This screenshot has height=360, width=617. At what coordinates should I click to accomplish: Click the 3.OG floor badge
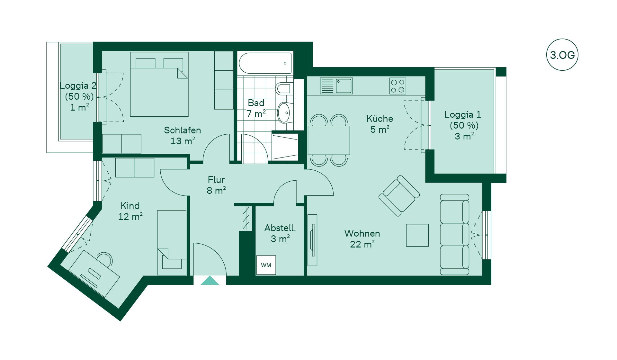click(562, 55)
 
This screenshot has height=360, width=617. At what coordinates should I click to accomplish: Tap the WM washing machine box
click(266, 265)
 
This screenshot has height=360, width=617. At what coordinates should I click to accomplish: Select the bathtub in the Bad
click(266, 63)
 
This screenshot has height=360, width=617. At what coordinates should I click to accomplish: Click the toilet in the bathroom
click(284, 88)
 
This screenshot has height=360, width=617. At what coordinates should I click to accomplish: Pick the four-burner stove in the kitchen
click(398, 86)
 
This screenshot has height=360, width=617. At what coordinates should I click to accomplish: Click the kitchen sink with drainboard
click(336, 86)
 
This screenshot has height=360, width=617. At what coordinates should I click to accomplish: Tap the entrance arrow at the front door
click(210, 280)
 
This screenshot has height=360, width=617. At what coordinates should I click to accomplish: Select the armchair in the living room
click(399, 196)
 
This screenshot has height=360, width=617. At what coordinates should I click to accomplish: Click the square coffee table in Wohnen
click(417, 235)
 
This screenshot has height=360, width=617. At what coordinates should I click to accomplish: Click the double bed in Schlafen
click(159, 84)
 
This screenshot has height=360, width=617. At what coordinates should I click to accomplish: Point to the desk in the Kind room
click(94, 274)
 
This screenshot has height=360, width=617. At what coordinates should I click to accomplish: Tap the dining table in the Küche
click(329, 140)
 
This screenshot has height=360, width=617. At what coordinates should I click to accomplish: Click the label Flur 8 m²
click(216, 185)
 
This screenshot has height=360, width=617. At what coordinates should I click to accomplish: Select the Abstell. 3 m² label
click(280, 233)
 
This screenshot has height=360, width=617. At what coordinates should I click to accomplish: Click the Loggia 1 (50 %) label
click(463, 120)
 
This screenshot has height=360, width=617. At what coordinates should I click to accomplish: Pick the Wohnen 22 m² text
click(362, 239)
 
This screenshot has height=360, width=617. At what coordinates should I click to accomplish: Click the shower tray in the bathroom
click(285, 147)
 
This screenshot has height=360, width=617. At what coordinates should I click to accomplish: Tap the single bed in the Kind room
click(172, 243)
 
